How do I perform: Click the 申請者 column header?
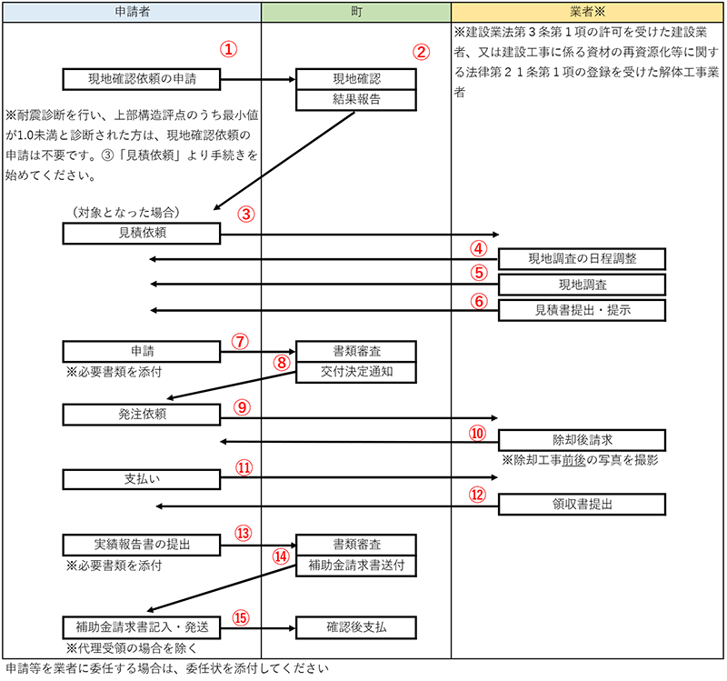click(x=132, y=12)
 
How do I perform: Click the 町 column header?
click(x=356, y=12)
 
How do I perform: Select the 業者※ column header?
click(x=587, y=12)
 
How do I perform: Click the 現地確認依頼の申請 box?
click(x=142, y=79)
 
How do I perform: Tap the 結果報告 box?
click(x=356, y=100)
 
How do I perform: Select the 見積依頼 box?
click(x=142, y=234)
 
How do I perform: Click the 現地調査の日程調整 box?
click(x=582, y=259)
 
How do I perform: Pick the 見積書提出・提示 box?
click(x=582, y=310)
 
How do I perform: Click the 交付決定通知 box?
click(x=356, y=372)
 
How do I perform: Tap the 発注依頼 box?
click(x=142, y=415)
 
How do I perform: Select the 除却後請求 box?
click(x=582, y=440)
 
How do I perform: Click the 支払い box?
click(x=142, y=479)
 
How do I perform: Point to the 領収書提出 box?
click(x=582, y=505)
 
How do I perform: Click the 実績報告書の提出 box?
click(x=142, y=546)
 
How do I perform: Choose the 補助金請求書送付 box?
click(x=356, y=566)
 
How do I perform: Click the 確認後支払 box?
click(x=356, y=627)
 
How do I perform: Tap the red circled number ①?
click(x=229, y=49)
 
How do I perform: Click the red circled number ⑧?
click(x=282, y=362)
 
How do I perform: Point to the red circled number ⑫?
click(x=478, y=495)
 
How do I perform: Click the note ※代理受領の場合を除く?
click(x=131, y=647)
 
